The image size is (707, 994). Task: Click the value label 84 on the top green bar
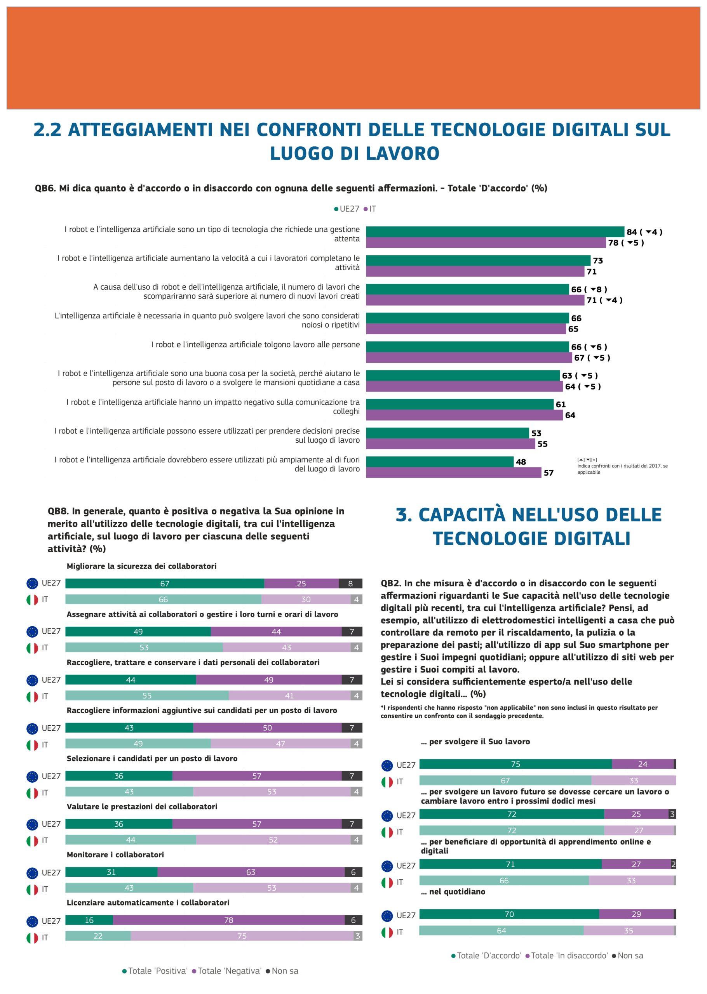pyautogui.click(x=631, y=232)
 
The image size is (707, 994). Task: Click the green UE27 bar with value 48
pyautogui.click(x=439, y=462)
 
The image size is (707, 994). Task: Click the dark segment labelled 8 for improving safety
pyautogui.click(x=350, y=583)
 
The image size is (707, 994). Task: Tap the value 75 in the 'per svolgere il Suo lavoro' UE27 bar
pyautogui.click(x=515, y=764)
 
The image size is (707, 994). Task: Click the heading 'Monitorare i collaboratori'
pyautogui.click(x=115, y=854)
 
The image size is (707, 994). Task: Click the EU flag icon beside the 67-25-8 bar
pyautogui.click(x=32, y=583)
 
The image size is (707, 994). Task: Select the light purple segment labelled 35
pyautogui.click(x=628, y=930)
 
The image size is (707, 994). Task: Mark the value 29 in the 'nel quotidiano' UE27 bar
pyautogui.click(x=636, y=914)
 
